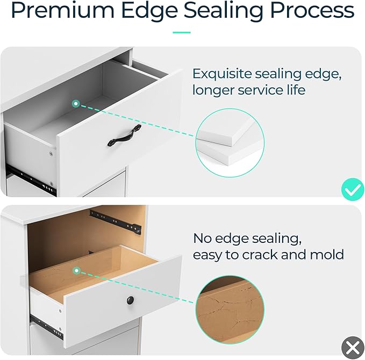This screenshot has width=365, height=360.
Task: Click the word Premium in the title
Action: click(x=63, y=10)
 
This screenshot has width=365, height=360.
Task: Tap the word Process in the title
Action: click(x=312, y=10)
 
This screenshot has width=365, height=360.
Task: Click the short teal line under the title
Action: click(x=182, y=33)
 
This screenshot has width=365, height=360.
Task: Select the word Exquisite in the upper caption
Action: click(x=222, y=75)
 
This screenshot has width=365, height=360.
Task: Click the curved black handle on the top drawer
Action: click(x=124, y=135)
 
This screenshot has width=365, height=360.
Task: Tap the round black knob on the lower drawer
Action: click(x=130, y=300)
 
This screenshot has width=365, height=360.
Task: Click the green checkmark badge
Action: click(x=353, y=190)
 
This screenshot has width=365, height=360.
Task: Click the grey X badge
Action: click(x=353, y=348)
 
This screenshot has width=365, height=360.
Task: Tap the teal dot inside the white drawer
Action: click(x=76, y=104)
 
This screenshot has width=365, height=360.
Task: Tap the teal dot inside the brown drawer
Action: click(x=76, y=270)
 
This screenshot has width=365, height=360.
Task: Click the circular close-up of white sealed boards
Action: click(x=230, y=142)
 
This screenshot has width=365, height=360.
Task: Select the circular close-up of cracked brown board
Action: click(x=230, y=309)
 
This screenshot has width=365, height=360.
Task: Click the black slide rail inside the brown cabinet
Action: click(x=116, y=222)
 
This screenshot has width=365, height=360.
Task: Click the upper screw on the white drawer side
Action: click(x=51, y=154)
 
